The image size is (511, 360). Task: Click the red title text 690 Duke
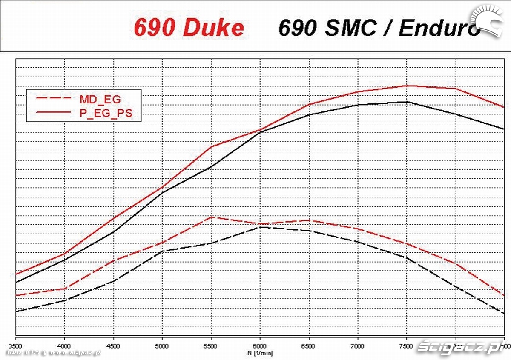click(189, 28)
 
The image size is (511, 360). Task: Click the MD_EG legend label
click(100, 100)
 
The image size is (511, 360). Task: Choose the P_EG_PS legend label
click(106, 113)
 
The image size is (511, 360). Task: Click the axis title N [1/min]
click(260, 353)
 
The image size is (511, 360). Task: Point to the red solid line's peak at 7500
click(407, 86)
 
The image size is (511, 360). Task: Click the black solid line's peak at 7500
click(407, 102)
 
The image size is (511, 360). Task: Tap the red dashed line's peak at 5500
click(211, 217)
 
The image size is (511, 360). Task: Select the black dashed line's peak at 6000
click(260, 227)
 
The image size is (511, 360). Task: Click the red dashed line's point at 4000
click(64, 289)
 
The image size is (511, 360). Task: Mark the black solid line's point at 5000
click(162, 193)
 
